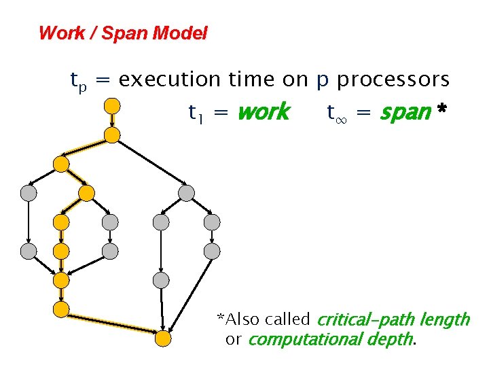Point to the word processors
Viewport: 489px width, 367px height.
point(393,80)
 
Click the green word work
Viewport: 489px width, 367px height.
point(263,112)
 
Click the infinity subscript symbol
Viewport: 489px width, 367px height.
point(342,116)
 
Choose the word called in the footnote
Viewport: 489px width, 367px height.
point(288,319)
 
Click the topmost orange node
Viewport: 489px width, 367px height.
point(111,105)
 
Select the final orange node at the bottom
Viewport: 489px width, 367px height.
point(162,338)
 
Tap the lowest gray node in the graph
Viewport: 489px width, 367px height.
point(160,280)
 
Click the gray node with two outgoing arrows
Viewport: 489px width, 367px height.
point(185,193)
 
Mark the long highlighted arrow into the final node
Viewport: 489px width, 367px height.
point(112,323)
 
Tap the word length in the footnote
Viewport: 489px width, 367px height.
point(445,319)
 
